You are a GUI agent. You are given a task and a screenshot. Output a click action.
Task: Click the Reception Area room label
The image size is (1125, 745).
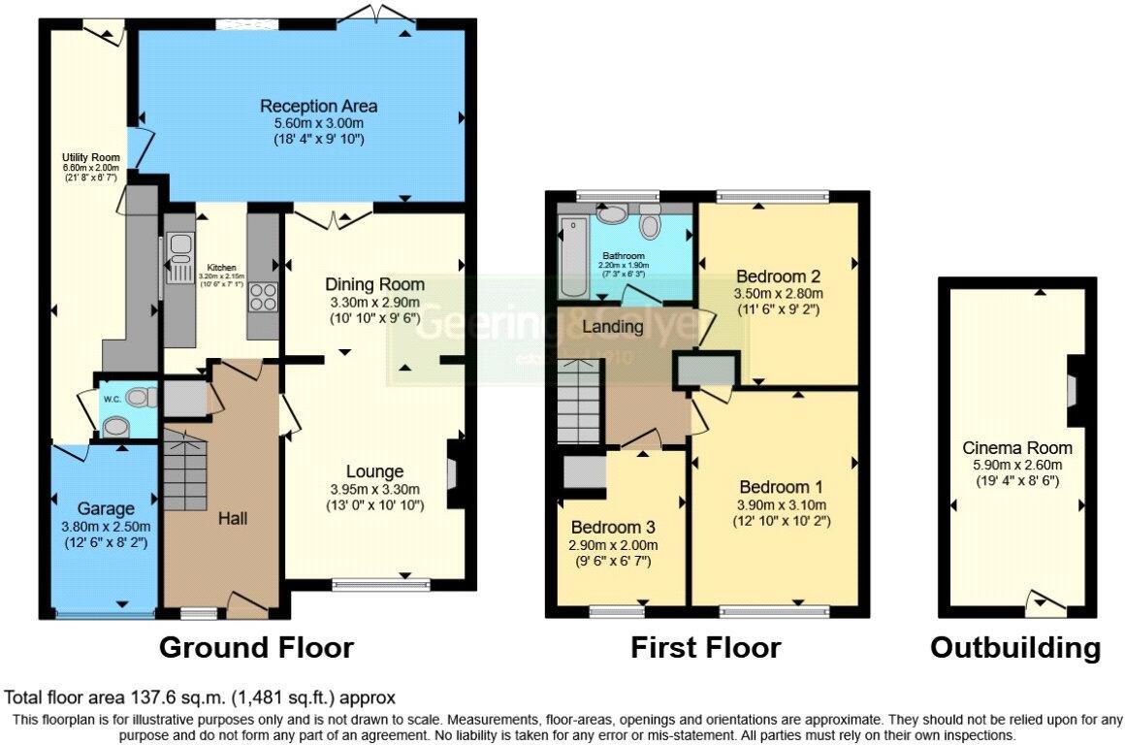tap(318, 106)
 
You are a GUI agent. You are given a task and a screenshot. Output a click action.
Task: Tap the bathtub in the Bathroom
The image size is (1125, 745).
tap(568, 260)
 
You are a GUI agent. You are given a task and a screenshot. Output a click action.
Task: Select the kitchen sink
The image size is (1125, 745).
tap(178, 260)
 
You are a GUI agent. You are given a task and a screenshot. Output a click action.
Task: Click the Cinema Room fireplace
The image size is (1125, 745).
tap(1076, 391)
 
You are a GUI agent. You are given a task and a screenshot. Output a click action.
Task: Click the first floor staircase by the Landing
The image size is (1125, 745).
tap(580, 398)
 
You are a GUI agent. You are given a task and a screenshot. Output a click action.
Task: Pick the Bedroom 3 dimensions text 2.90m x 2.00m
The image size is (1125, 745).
tap(614, 545)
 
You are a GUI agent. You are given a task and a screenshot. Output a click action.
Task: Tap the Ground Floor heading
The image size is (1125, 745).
tap(256, 647)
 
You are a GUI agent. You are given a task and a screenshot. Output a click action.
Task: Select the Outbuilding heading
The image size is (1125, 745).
tap(1015, 647)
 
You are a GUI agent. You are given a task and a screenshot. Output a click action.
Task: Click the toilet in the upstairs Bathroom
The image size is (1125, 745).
tap(650, 226)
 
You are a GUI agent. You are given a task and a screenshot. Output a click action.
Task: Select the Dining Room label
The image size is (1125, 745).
tap(374, 284)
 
